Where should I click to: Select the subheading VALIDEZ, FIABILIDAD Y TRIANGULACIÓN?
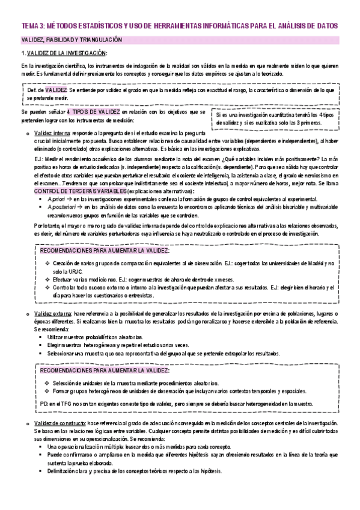pyautogui.click(x=72, y=40)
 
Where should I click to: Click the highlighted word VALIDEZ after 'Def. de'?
pyautogui.click(x=56, y=89)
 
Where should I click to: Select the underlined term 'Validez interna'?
pyautogui.click(x=52, y=132)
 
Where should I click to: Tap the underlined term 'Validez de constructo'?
pyautogui.click(x=62, y=423)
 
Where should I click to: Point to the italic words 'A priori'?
pyautogui.click(x=55, y=198)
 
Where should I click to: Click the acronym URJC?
pyautogui.click(x=75, y=272)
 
